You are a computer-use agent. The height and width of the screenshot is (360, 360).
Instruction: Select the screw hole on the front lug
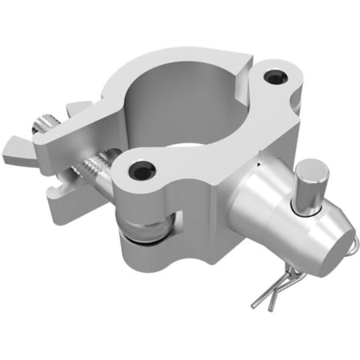(x=142, y=169)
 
